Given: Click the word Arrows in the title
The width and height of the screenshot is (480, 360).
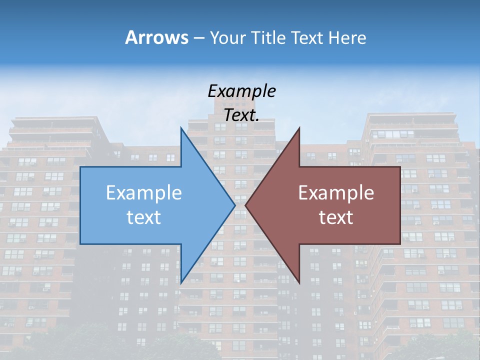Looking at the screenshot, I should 157,37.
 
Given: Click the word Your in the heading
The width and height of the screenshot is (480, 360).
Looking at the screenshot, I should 228,38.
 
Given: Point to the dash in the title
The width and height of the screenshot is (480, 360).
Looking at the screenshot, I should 198,38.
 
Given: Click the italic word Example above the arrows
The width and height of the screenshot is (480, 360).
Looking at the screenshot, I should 242,91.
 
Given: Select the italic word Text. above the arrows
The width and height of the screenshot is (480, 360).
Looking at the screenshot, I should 242,115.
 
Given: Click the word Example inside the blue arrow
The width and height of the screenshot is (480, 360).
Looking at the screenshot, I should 144,193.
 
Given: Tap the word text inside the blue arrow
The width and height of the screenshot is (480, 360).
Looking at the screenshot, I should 144,217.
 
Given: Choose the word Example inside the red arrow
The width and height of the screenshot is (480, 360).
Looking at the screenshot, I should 336,193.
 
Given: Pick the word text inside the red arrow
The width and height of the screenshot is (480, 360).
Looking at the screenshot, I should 336,217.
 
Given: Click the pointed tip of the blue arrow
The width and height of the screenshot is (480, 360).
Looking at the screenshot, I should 234,205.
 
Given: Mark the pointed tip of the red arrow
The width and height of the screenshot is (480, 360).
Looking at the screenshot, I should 245,205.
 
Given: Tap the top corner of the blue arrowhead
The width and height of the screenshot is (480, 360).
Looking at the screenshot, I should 181,128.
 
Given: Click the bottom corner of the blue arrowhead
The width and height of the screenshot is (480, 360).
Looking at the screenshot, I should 181,282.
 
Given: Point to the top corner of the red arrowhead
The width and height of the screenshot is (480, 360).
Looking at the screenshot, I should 299,128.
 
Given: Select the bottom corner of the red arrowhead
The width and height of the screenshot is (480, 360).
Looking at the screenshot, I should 299,282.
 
